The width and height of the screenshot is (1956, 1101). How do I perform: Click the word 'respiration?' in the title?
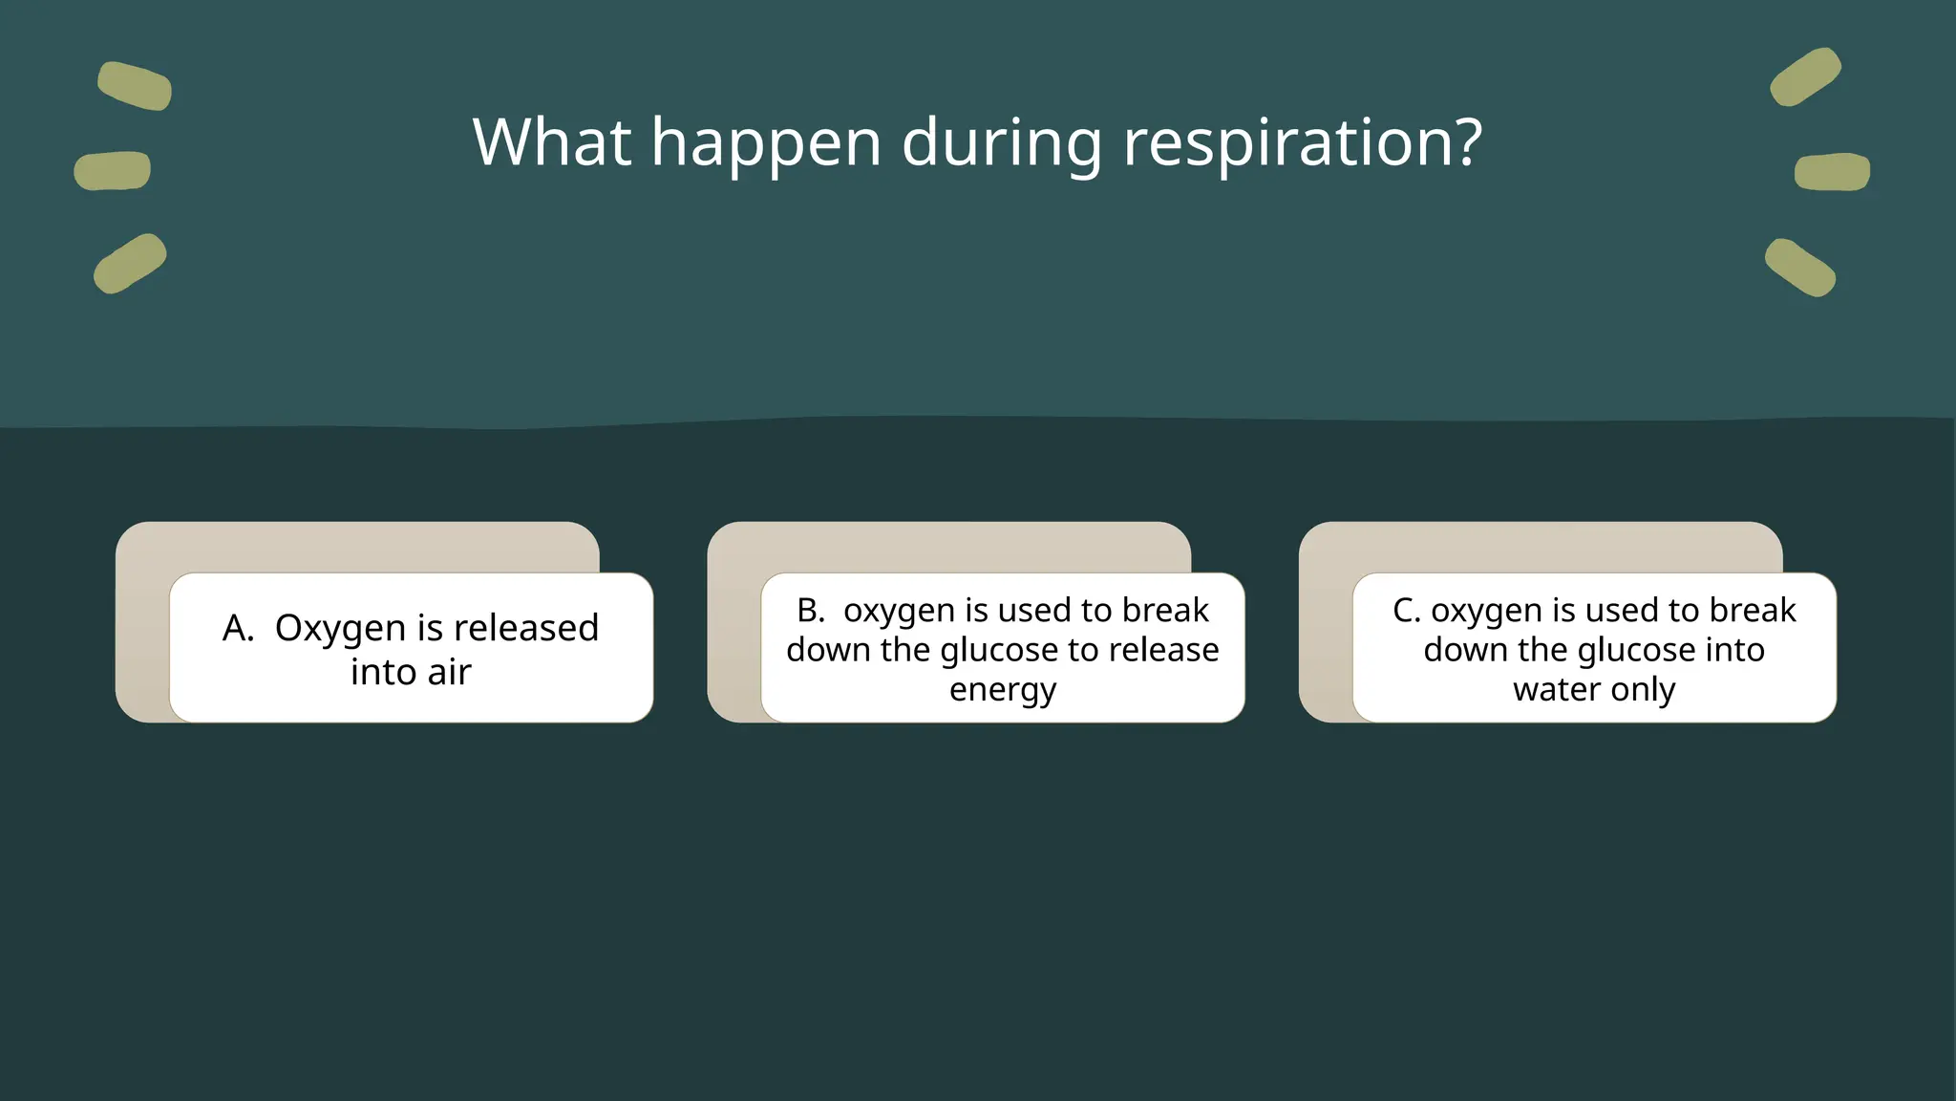coord(1303,143)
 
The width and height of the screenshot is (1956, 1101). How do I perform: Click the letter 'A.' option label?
coord(238,629)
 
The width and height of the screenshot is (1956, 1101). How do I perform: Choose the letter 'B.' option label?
coord(811,611)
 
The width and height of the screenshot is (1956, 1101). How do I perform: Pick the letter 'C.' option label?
coord(1406,611)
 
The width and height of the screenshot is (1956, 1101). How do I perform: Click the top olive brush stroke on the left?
coord(135,86)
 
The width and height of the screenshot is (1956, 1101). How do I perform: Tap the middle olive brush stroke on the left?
coord(113,171)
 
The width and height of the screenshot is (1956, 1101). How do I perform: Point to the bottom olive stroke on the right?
coord(1800,268)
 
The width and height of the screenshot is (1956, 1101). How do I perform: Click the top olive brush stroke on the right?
coord(1805,76)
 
